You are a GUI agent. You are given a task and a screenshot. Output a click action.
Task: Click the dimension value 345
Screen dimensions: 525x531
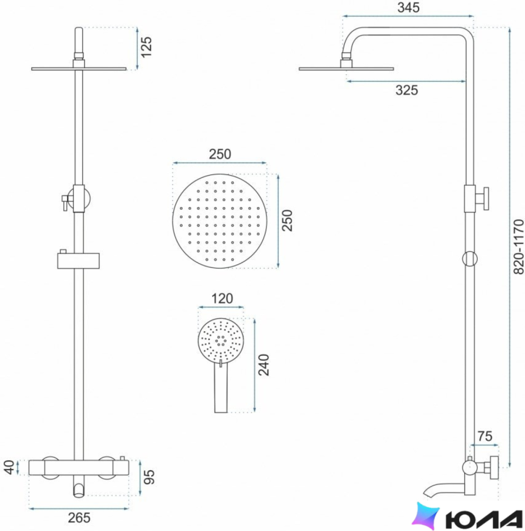tap(408, 7)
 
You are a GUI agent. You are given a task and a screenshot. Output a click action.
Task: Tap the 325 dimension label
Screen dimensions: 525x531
tap(406, 90)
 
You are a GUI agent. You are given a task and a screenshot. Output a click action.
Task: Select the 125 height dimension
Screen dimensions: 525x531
tap(146, 47)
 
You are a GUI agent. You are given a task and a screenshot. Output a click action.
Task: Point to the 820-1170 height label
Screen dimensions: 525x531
tap(519, 247)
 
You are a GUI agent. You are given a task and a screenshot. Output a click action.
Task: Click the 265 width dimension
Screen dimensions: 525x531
tap(79, 518)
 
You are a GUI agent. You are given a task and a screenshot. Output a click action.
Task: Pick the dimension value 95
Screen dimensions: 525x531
tap(149, 477)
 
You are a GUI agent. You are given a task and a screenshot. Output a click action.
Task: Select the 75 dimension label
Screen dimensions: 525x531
tap(484, 436)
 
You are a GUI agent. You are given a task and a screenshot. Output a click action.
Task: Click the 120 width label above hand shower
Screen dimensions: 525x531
tap(222, 299)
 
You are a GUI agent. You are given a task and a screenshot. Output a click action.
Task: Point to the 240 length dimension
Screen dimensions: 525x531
tap(264, 365)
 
